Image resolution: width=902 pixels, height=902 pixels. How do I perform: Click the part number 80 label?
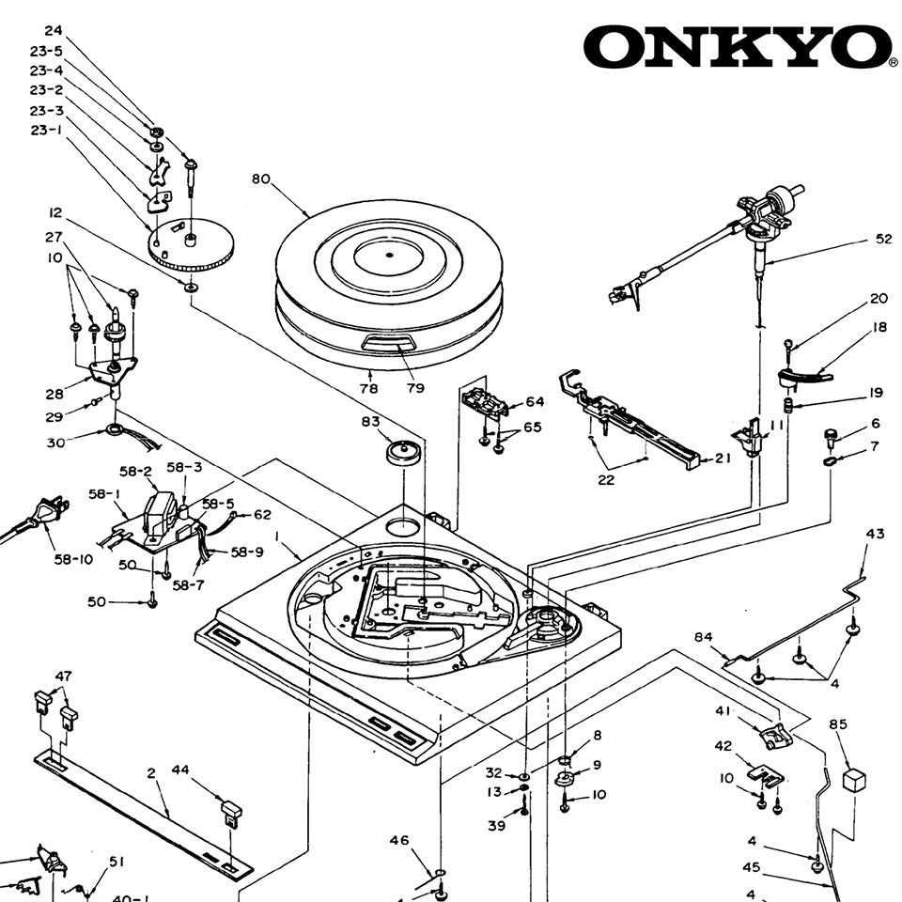click(x=261, y=179)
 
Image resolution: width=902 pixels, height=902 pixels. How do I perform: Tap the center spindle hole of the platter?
click(x=389, y=255)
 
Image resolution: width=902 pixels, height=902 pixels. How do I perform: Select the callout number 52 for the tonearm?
click(x=883, y=240)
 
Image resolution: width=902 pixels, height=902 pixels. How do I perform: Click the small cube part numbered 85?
click(x=853, y=779)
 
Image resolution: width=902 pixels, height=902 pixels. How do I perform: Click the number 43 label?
click(x=875, y=534)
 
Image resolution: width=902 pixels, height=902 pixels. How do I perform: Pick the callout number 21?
click(x=723, y=459)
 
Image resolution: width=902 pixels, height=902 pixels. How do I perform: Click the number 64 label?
click(x=535, y=402)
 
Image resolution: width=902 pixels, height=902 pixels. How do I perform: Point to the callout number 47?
click(x=63, y=676)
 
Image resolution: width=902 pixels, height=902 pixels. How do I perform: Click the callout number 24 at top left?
click(x=54, y=31)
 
